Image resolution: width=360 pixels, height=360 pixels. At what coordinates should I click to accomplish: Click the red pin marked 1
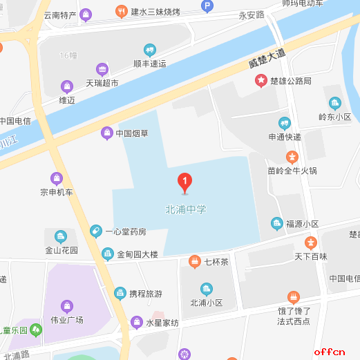185,181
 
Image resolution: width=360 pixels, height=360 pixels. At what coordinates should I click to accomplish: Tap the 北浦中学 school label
186,208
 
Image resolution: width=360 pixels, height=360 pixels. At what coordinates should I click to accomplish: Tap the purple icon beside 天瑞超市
102,69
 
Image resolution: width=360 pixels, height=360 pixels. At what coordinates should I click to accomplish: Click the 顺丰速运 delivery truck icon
150,49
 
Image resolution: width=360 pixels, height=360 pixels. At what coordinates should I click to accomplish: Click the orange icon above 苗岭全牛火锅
292,156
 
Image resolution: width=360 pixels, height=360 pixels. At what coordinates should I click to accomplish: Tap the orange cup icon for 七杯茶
194,260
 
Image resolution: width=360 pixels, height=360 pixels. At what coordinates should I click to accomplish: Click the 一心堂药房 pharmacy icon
96,231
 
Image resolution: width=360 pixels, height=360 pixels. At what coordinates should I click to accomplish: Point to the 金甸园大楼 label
138,254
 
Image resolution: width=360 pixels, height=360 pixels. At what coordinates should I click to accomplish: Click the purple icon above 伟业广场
66,305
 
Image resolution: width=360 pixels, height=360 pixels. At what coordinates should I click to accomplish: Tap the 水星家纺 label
162,323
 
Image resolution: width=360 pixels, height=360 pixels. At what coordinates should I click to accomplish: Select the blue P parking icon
206,6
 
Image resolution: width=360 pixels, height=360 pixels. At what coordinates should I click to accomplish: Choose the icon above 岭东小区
335,103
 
